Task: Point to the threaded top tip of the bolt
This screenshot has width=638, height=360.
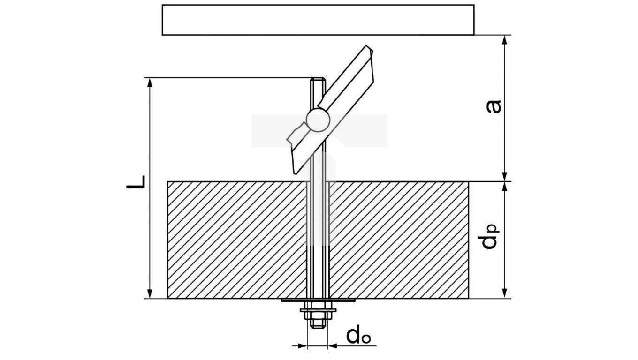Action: point(317,81)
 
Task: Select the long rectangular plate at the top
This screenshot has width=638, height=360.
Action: point(318,20)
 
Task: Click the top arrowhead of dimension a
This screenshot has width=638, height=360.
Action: point(505,40)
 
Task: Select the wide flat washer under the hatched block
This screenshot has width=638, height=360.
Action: point(318,300)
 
